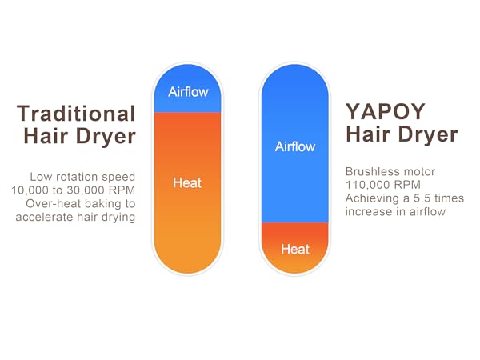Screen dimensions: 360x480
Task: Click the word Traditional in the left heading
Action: coord(77,113)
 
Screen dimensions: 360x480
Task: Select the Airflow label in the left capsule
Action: coord(188,91)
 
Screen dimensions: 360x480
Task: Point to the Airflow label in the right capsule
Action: coord(295,146)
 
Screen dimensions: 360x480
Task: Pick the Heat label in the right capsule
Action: coord(295,249)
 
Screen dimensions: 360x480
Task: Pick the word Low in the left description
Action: coord(41,176)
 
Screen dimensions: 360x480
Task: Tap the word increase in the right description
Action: coord(369,211)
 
